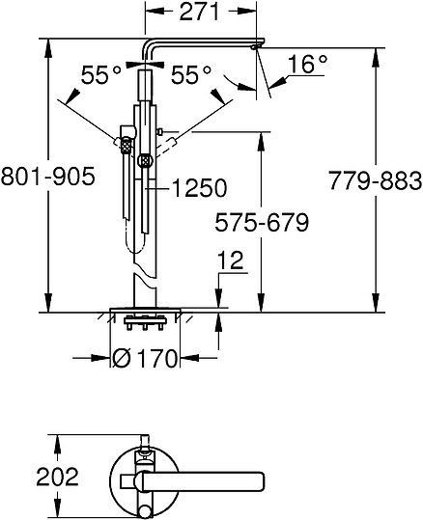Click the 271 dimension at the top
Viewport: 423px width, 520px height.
coord(200,12)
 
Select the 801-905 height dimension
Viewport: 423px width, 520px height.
coord(48,177)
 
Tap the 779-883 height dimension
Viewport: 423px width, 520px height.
coord(376,181)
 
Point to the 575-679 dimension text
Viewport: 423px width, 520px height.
coord(262,222)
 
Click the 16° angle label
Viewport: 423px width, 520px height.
coord(307,64)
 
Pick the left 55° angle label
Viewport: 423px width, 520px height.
coord(101,74)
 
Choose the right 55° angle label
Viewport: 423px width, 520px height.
coord(191,74)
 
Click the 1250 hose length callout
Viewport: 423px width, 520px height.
coord(199,188)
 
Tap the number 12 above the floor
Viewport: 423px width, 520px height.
coord(231,260)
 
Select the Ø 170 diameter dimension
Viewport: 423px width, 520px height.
coord(145,358)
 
